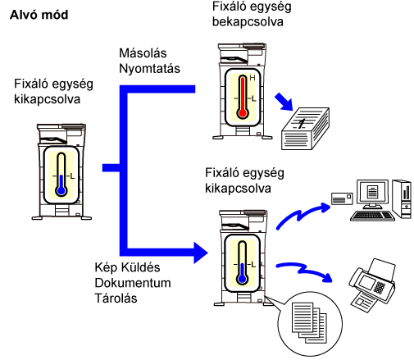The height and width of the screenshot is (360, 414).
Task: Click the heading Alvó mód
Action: coord(39,15)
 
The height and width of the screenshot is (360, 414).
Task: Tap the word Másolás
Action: coord(143,53)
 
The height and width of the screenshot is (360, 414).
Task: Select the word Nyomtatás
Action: coord(149,69)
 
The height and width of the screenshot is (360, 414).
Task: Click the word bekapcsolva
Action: coord(248,21)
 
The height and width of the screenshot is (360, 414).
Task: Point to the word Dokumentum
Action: coord(133,283)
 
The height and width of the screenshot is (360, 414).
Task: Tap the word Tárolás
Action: coord(116,298)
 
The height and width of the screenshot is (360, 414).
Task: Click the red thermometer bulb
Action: coord(243,113)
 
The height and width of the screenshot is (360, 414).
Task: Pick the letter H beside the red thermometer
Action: coord(252,78)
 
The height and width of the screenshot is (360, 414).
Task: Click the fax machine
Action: coord(372,285)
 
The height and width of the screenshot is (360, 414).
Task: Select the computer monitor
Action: coord(372,194)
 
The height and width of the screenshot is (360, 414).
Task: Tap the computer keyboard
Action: coord(372,216)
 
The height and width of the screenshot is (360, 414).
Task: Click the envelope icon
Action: coord(342,198)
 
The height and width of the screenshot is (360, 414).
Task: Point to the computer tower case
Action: coord(402,198)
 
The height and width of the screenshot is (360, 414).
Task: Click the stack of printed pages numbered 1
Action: coord(305,129)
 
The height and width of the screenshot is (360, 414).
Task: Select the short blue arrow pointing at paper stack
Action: coord(284,102)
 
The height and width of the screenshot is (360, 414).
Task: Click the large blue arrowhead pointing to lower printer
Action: coord(201,253)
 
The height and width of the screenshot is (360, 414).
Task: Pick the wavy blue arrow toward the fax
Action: coord(304,271)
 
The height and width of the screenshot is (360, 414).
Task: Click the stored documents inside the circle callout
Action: coord(309,322)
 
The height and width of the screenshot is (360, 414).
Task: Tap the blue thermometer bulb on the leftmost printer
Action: coord(61,190)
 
